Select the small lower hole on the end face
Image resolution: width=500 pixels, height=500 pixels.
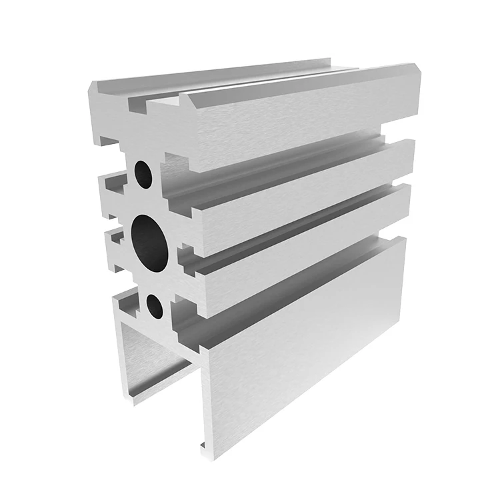[x=154, y=306]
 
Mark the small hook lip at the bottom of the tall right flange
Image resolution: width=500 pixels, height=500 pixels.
[x=200, y=445]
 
